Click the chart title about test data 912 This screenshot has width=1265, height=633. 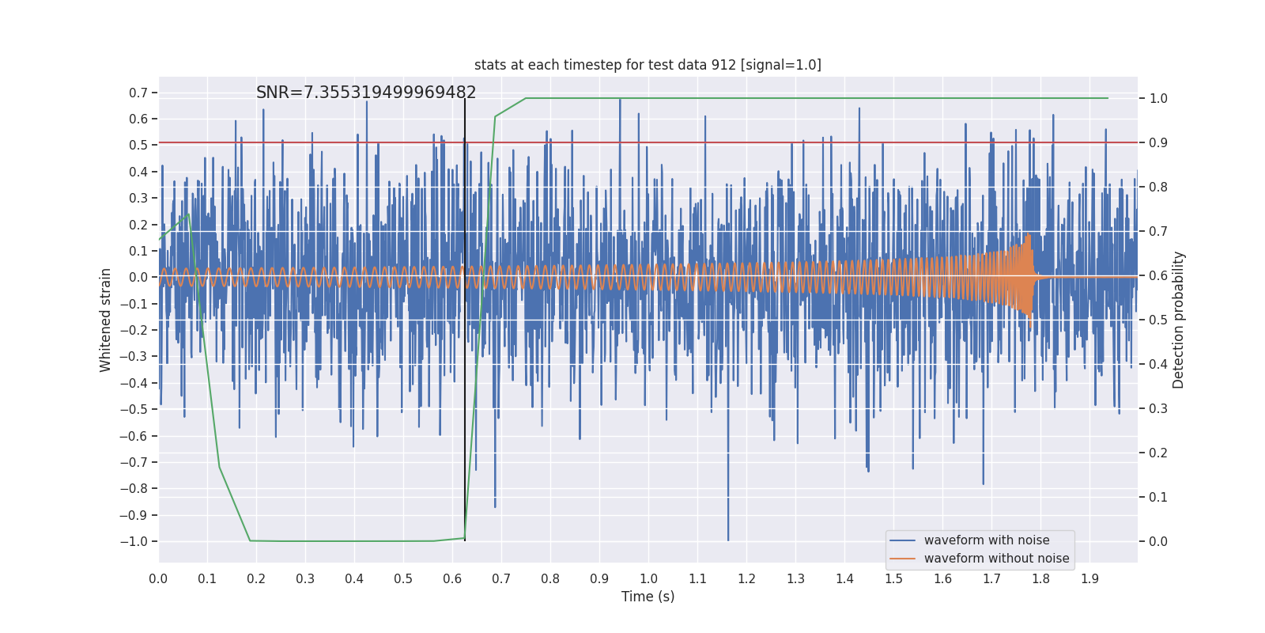(x=648, y=65)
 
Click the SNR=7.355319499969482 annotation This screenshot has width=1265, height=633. (x=366, y=93)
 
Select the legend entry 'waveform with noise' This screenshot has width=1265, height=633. (x=986, y=540)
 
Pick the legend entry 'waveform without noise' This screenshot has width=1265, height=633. (x=996, y=559)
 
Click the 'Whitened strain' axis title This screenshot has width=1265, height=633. (x=106, y=320)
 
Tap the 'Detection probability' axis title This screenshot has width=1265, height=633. (x=1179, y=320)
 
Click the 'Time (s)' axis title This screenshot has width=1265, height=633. (x=648, y=597)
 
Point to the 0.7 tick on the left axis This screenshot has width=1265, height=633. (x=138, y=93)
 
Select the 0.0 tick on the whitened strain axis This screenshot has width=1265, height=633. (x=138, y=278)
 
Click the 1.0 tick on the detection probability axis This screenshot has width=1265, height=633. (x=1158, y=99)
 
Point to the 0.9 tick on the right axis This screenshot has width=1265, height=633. (x=1158, y=143)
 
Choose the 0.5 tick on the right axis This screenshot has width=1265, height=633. (x=1158, y=320)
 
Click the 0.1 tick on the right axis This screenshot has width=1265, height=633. (x=1158, y=498)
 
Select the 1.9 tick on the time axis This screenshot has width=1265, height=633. (x=1089, y=579)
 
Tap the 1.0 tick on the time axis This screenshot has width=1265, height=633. (x=648, y=579)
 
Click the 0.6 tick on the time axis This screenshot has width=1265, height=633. (x=452, y=579)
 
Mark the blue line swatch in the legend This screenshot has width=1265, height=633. (x=902, y=540)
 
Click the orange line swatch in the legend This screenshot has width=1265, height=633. (x=902, y=559)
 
